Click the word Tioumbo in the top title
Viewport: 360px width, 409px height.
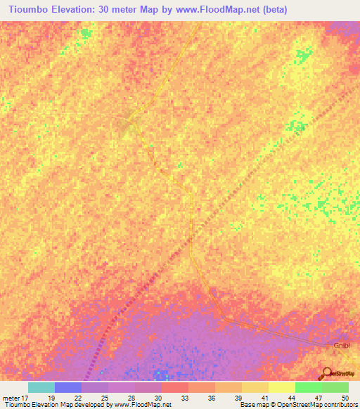27,10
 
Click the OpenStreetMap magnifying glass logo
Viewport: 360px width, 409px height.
326,373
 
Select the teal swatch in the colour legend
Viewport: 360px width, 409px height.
41,387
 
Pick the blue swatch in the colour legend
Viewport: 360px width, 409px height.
68,387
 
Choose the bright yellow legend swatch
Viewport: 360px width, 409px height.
281,387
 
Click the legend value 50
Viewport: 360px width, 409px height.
345,397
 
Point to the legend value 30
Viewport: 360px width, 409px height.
158,397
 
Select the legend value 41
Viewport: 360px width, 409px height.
265,397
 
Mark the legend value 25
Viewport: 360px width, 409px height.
105,397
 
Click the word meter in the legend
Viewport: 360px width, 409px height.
10,397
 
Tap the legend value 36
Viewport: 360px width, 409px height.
212,397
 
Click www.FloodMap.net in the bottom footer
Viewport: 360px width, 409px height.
143,405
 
